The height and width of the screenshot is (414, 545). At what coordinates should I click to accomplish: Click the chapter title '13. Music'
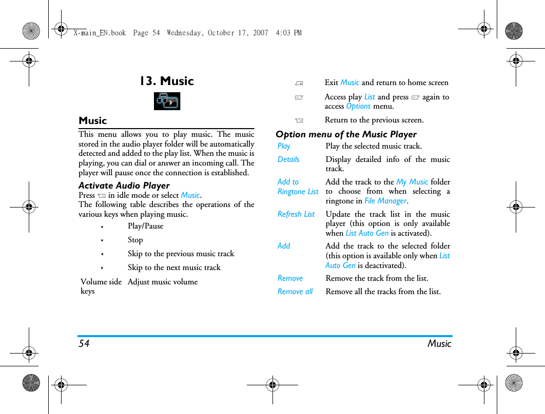167,81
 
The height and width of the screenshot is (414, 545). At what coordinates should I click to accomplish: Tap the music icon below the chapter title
167,101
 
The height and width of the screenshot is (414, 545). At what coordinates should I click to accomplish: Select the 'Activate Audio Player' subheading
124,185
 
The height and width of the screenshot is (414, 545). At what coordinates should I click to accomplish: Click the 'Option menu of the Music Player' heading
346,134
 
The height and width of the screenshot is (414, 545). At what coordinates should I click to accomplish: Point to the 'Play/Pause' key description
145,226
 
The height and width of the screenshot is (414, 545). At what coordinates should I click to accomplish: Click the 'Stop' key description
135,240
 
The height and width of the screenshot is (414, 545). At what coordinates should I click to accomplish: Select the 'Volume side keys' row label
101,286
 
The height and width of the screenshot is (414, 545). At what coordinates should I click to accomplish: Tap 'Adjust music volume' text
163,282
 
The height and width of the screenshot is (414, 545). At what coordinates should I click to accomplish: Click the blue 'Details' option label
288,159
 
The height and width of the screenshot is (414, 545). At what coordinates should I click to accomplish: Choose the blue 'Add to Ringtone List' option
298,187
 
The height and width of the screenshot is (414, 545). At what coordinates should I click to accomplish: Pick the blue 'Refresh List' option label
296,214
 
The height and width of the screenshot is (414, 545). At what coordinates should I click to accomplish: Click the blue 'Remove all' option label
295,292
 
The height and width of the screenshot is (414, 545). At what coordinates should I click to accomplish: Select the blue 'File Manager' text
385,201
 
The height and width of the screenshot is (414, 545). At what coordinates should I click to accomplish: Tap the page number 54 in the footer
84,344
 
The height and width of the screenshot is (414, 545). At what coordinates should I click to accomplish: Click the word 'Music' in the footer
439,344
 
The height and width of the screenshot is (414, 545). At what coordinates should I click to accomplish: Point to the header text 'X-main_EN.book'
100,33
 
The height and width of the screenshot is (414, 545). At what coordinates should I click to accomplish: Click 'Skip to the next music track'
174,267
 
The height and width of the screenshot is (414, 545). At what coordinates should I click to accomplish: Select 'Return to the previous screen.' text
374,120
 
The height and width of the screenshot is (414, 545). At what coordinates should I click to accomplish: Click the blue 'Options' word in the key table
358,106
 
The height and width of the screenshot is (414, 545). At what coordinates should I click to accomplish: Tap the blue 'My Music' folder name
412,182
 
